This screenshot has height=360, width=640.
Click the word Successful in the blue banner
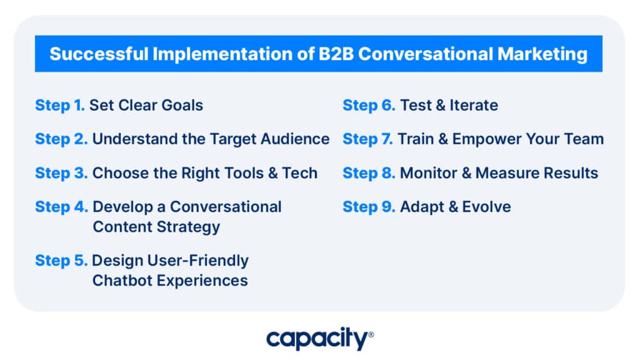tap(99, 54)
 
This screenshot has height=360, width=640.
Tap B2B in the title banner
tap(336, 54)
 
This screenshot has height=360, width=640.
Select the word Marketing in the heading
tap(542, 54)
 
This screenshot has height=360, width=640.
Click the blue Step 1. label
tap(60, 106)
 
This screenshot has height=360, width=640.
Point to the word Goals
tap(182, 105)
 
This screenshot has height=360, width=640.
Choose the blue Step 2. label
tap(61, 139)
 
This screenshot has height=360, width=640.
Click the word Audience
tap(295, 139)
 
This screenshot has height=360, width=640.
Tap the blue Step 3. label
tap(61, 174)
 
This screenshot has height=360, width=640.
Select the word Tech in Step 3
tap(299, 173)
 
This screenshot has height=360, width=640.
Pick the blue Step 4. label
tap(62, 207)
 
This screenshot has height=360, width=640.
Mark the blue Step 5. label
tap(61, 261)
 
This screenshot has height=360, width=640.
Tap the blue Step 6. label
tap(369, 106)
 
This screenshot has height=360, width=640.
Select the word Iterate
tap(474, 105)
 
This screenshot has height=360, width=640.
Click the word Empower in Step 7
tap(486, 139)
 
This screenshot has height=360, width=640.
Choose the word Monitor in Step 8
tap(429, 173)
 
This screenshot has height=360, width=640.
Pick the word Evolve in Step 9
tap(486, 207)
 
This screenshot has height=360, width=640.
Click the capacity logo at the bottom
tap(320, 338)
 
